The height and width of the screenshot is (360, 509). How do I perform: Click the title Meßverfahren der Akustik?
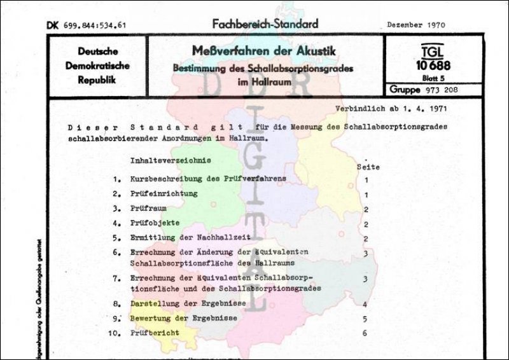265,50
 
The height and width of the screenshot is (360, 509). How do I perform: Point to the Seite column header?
369,167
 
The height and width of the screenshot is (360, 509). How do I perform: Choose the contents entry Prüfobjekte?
155,224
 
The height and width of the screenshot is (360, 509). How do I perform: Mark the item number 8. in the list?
117,303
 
